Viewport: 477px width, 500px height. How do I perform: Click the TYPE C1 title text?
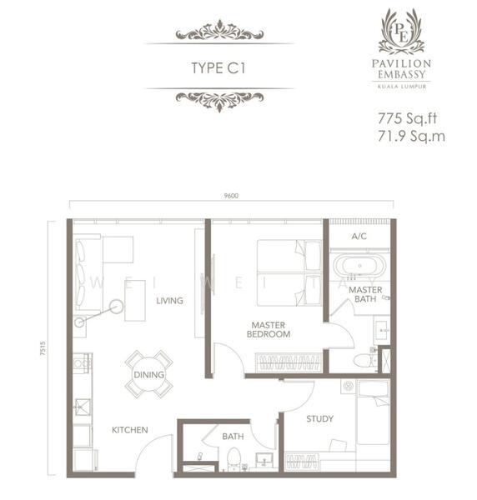point(218,68)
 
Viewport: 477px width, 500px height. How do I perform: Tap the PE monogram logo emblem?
point(401,32)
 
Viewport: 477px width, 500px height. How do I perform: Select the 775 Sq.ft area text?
point(407,118)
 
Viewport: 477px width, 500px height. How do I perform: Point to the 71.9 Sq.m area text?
point(411,136)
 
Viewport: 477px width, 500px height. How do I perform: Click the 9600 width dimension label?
point(231,196)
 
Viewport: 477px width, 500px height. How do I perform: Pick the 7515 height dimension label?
point(43,348)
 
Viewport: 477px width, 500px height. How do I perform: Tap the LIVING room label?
point(169,301)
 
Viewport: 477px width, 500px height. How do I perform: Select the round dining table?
point(148,374)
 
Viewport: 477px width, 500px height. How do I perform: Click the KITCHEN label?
point(130,430)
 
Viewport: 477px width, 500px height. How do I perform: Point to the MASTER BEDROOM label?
point(269,330)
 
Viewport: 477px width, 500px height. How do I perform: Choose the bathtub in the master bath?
point(359,266)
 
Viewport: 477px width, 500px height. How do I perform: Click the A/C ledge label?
point(359,237)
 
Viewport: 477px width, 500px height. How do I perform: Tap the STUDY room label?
point(319,418)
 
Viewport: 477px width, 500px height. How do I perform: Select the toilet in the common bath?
point(233,458)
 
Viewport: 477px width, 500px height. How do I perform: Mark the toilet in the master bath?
point(365,361)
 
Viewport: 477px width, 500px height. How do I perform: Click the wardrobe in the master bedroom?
point(289,362)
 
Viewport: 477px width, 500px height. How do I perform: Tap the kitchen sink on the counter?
point(83,407)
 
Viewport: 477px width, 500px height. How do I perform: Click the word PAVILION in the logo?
point(401,63)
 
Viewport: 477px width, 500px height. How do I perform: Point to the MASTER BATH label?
point(365,294)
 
